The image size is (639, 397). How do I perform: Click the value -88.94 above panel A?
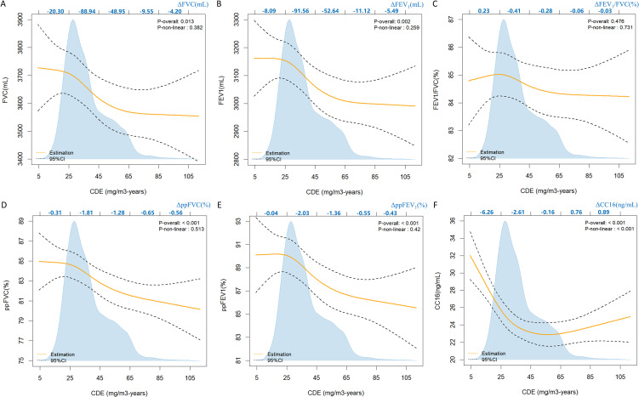click(87, 14)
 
